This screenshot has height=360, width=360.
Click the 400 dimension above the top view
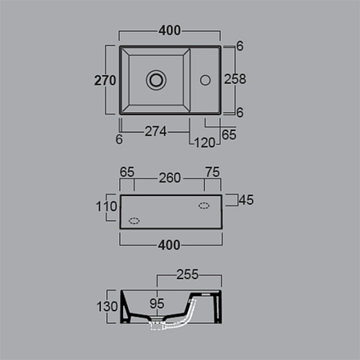tap(170, 30)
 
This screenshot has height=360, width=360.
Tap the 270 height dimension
tap(105, 80)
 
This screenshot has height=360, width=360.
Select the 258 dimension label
tap(235, 79)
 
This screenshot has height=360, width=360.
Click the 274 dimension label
tap(156, 131)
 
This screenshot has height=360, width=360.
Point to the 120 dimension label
tap(205, 142)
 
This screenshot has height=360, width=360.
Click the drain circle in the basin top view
tap(156, 80)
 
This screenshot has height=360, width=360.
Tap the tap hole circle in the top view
tap(206, 80)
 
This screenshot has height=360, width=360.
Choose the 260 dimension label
tap(170, 178)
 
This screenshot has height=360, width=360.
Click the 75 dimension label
tap(213, 172)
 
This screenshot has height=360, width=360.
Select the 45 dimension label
tap(246, 200)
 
